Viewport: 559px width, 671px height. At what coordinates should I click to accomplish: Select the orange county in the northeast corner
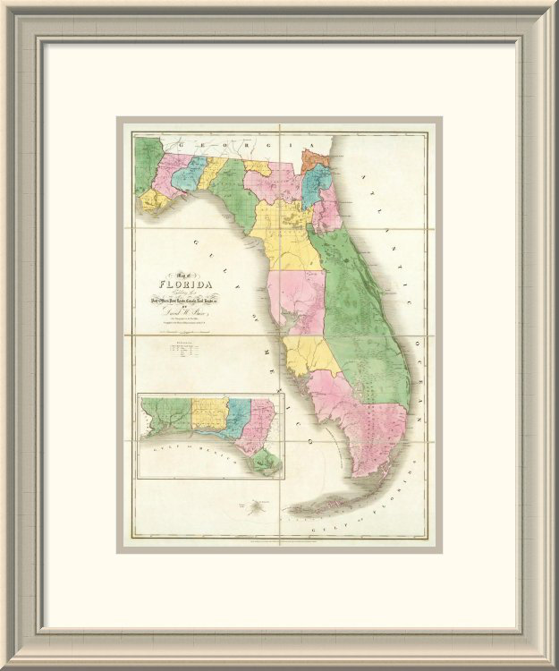pos(313,162)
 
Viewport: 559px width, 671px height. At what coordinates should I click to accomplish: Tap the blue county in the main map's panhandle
pos(189,173)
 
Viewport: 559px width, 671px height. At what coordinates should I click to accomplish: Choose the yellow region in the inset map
pos(208,417)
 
